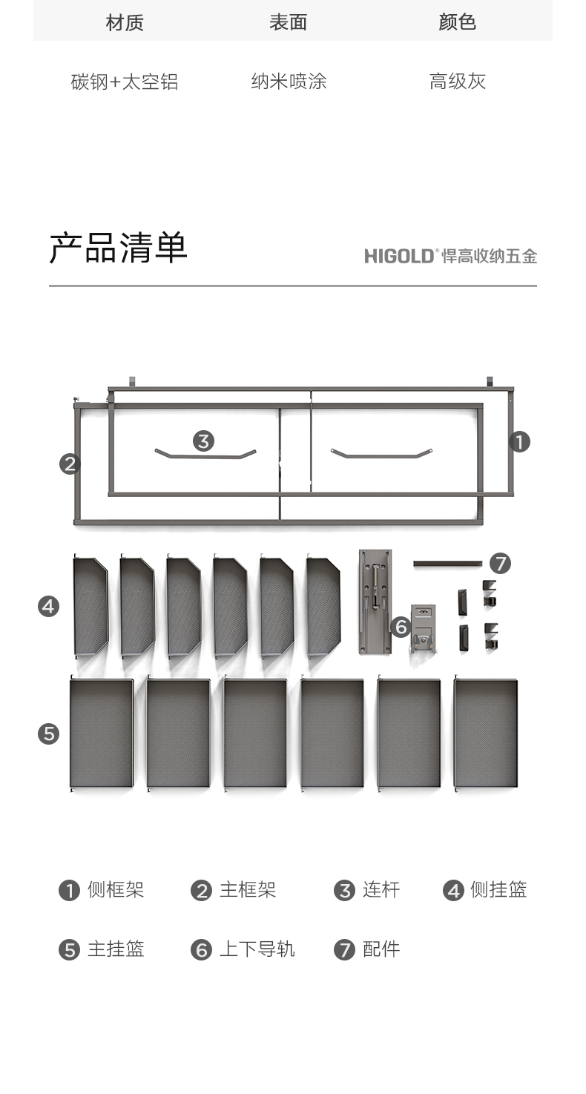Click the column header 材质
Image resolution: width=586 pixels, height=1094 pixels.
point(125,22)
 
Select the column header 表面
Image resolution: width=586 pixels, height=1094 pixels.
point(288,22)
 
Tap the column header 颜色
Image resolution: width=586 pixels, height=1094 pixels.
point(457,22)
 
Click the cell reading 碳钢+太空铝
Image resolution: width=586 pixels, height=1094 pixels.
point(125,82)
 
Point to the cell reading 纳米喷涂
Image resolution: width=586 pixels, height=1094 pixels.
point(289,82)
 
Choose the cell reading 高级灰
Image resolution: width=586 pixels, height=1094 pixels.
point(458,82)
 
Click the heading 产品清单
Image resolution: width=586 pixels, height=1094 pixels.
point(118,248)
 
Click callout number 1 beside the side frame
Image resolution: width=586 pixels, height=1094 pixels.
point(519,442)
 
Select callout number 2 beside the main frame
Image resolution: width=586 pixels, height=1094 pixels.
point(70,464)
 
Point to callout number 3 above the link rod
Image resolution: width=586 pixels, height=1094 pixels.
point(204,441)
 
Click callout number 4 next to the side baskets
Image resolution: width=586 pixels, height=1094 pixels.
point(48,607)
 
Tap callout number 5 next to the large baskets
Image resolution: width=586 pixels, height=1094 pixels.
point(48,734)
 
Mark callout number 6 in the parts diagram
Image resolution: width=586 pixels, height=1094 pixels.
point(401,627)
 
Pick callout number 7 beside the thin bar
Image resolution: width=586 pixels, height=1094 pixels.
point(501,564)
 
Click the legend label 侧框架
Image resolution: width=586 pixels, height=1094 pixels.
point(116,890)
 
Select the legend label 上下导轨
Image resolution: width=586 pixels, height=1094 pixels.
point(257,949)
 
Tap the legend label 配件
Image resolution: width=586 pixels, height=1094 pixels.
point(381,949)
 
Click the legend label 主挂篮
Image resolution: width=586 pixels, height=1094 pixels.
point(116,949)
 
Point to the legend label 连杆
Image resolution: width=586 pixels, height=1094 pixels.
point(381,890)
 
